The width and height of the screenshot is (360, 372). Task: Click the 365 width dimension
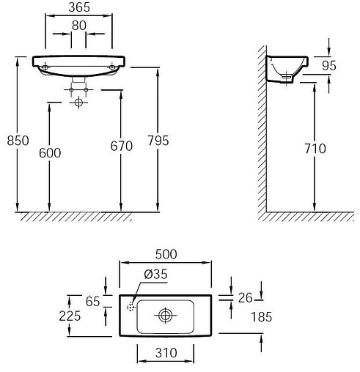[79, 7]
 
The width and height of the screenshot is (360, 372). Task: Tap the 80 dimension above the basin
[79, 26]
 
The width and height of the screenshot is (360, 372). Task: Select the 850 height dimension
[18, 141]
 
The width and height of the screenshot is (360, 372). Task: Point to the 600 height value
[50, 153]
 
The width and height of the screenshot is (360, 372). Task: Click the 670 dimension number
[122, 146]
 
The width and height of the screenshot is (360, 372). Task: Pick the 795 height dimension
[158, 141]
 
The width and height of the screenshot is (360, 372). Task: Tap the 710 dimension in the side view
[315, 149]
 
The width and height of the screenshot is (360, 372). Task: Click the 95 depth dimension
[329, 65]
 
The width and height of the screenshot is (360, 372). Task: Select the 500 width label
[166, 254]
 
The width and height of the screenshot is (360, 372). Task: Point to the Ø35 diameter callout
[155, 274]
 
